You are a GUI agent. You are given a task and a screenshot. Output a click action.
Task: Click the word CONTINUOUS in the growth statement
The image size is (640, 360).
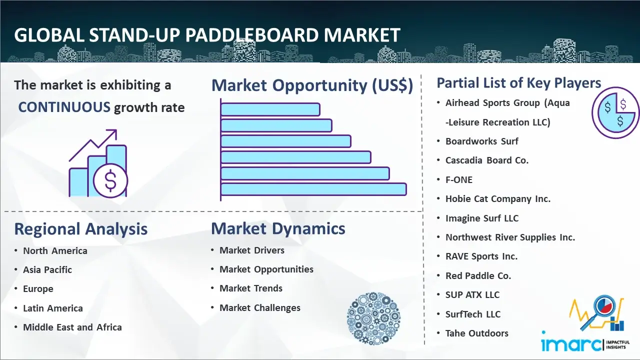tap(64, 107)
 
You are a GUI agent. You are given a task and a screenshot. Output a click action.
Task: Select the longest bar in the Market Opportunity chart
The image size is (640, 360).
tap(313, 189)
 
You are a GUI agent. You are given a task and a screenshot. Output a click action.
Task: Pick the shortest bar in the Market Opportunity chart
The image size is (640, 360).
tap(270, 109)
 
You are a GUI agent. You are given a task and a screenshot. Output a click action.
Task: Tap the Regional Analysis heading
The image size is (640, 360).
tap(81, 229)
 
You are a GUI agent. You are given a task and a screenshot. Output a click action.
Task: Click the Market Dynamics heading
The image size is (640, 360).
tap(278, 228)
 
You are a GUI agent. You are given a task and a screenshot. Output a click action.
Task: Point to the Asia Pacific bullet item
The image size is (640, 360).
tap(47, 269)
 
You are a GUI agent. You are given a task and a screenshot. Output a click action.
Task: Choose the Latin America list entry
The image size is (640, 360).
tap(53, 308)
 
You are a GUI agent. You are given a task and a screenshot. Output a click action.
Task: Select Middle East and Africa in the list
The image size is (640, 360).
tap(72, 327)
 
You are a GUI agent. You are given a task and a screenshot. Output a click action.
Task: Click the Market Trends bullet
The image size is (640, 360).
tap(251, 288)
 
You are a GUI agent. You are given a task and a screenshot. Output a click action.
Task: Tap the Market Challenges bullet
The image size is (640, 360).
tap(260, 307)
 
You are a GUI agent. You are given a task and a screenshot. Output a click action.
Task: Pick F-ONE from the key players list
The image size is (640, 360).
tap(459, 179)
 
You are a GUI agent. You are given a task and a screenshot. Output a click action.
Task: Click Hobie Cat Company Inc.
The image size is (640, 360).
tap(498, 199)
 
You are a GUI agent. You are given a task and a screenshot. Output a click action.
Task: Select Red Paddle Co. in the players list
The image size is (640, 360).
tap(478, 275)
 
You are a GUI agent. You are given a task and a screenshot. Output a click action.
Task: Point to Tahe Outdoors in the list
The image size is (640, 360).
tap(477, 333)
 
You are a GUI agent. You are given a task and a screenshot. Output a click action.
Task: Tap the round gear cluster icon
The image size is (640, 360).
tap(373, 318)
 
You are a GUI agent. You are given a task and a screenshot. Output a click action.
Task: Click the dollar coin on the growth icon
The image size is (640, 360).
tap(110, 181)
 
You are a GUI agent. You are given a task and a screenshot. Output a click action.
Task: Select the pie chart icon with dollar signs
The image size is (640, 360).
tap(615, 113)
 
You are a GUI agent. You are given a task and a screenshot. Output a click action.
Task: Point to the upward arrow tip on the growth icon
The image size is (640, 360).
tap(116, 130)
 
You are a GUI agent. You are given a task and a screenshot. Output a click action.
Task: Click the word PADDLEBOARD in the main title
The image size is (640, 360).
tap(251, 35)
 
